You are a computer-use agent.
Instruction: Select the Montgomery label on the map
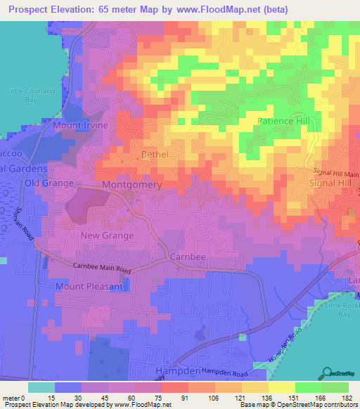[132, 185]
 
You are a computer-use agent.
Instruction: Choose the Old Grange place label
[49, 183]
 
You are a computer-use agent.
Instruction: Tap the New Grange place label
[107, 235]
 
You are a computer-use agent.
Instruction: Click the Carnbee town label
[188, 257]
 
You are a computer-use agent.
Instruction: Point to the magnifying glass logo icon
[326, 372]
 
